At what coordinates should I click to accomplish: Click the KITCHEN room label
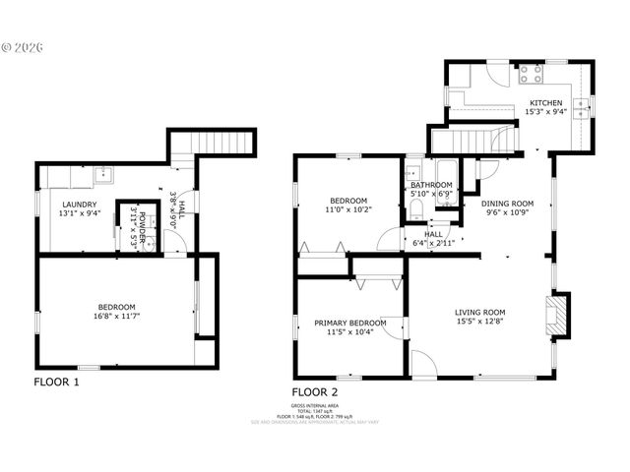pyautogui.click(x=546, y=102)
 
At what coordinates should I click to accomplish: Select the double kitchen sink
pyautogui.click(x=584, y=106)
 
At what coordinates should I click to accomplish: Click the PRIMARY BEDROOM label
pyautogui.click(x=349, y=323)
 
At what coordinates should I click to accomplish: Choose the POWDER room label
pyautogui.click(x=141, y=227)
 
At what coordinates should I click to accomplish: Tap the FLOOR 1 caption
pyautogui.click(x=56, y=382)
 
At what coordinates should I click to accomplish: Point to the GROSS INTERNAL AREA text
pyautogui.click(x=315, y=405)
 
